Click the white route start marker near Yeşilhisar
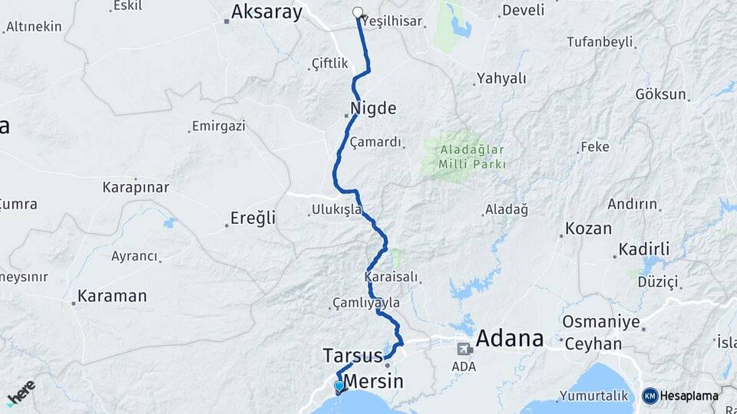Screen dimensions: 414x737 click(358, 12)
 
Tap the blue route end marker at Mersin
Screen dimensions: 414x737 click(339, 386)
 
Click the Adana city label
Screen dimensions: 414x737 click(509, 338)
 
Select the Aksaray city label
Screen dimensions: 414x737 click(266, 11)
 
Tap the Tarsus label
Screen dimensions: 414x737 click(352, 356)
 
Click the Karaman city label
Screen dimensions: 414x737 click(112, 296)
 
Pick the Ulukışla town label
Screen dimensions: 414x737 click(336, 209)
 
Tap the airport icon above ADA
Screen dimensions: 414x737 click(464, 350)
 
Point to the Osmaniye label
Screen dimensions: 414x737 click(600, 321)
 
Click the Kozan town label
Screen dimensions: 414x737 click(588, 228)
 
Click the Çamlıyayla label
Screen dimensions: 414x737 click(366, 303)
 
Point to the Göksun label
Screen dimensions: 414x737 click(659, 94)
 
